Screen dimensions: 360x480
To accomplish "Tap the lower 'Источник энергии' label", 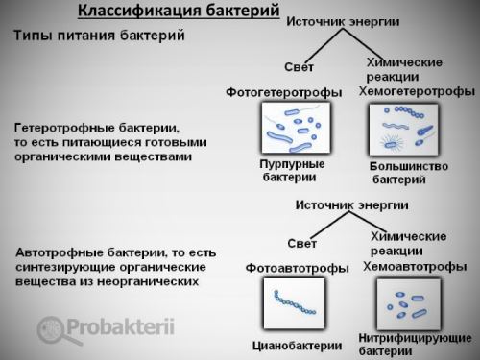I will pos(349,205).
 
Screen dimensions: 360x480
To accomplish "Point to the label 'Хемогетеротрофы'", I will pos(417,91).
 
